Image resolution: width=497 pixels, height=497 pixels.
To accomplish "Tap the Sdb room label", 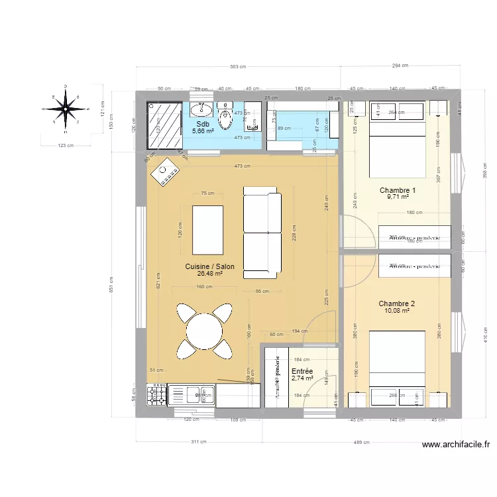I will click(203, 124).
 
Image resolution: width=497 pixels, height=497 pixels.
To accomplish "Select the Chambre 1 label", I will click(398, 190).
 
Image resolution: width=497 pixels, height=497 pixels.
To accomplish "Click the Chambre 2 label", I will click(397, 304).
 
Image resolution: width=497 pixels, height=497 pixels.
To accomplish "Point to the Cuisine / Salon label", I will click(209, 266).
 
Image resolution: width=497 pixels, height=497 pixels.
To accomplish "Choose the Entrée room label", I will click(302, 372).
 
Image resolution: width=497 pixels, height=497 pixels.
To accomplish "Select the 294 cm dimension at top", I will click(400, 66).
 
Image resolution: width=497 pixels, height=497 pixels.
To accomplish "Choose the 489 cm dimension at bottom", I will click(362, 442).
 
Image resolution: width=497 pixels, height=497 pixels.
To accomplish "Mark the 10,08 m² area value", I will click(397, 311).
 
